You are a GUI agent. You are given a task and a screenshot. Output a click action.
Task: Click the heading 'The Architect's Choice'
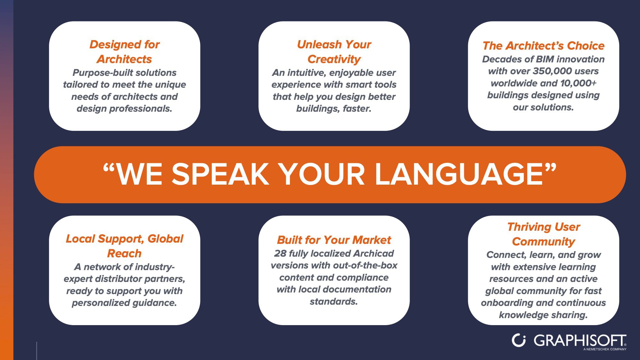click(x=543, y=46)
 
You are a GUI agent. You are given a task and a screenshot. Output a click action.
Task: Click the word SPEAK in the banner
click(x=220, y=174)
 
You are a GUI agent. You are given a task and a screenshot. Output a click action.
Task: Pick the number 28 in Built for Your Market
click(x=280, y=253)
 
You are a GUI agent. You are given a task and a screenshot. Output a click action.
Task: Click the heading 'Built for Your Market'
click(x=334, y=240)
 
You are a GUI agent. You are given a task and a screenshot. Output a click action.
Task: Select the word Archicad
click(x=373, y=253)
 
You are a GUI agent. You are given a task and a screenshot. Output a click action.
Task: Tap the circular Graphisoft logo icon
click(x=518, y=340)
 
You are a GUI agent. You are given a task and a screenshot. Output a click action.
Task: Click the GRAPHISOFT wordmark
click(x=580, y=340)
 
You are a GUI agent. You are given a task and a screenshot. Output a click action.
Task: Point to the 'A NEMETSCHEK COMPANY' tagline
click(x=605, y=349)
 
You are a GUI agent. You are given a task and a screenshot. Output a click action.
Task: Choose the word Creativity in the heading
click(x=334, y=59)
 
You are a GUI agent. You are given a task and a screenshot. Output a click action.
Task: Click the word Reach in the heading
click(x=124, y=253)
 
